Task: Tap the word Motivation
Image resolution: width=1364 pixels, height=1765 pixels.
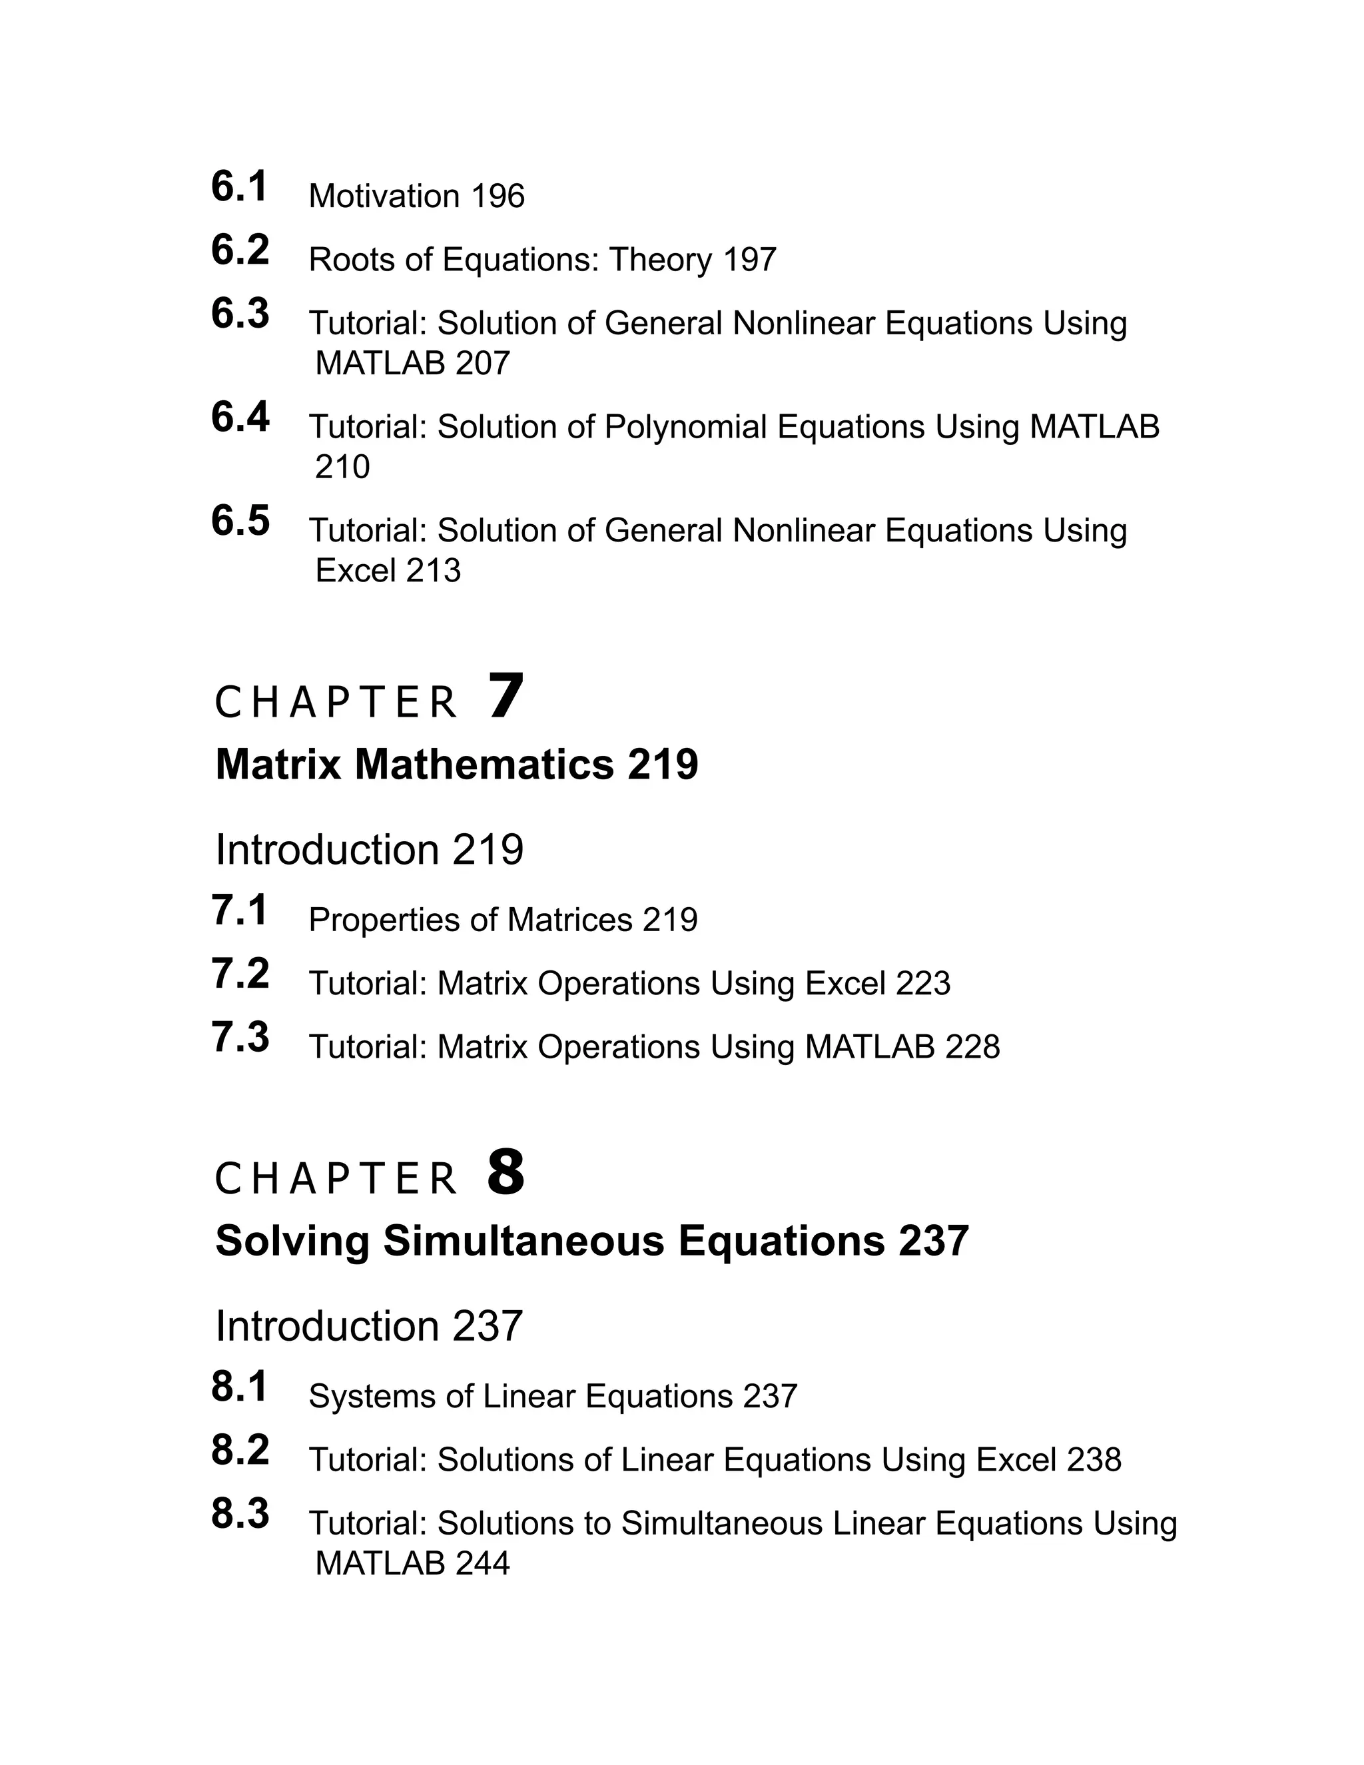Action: pos(384,196)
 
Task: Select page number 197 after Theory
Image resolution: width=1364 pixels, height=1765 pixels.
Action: pos(749,260)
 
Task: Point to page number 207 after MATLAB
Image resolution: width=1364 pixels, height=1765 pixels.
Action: pos(482,364)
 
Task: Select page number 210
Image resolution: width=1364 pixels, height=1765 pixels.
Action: pos(342,467)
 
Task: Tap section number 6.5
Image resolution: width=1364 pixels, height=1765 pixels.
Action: pos(240,522)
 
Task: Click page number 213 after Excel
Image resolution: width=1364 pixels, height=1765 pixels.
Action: pos(433,571)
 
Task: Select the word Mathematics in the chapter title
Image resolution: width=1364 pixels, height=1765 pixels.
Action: pos(484,765)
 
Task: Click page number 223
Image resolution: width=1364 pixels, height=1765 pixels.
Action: pos(923,984)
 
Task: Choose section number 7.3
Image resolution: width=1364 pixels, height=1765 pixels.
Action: pos(240,1038)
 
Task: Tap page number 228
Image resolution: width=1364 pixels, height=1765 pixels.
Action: pos(972,1048)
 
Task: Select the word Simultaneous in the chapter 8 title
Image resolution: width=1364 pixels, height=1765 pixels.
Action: pos(524,1241)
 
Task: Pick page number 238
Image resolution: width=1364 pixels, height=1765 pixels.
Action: pos(1094,1461)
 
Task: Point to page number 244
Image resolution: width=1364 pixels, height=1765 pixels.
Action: pos(482,1564)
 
